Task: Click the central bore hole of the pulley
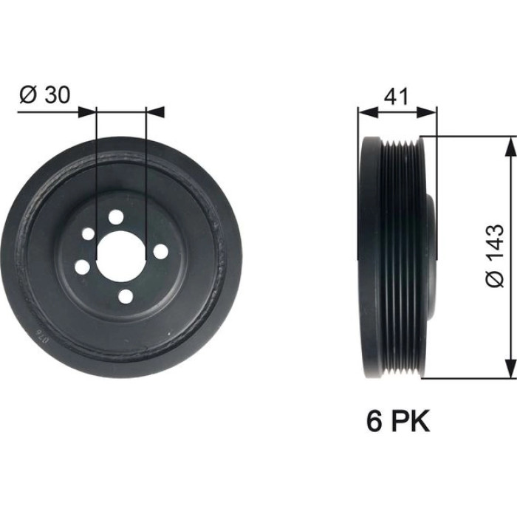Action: pos(120,256)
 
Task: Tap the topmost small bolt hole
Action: pos(116,216)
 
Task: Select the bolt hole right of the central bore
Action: pos(160,252)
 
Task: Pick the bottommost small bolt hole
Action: pos(126,296)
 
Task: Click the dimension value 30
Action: pos(58,95)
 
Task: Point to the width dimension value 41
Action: pos(397,97)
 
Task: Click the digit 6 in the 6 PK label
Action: pos(374,420)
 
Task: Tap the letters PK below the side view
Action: pos(411,420)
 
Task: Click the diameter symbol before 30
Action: pos(27,95)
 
